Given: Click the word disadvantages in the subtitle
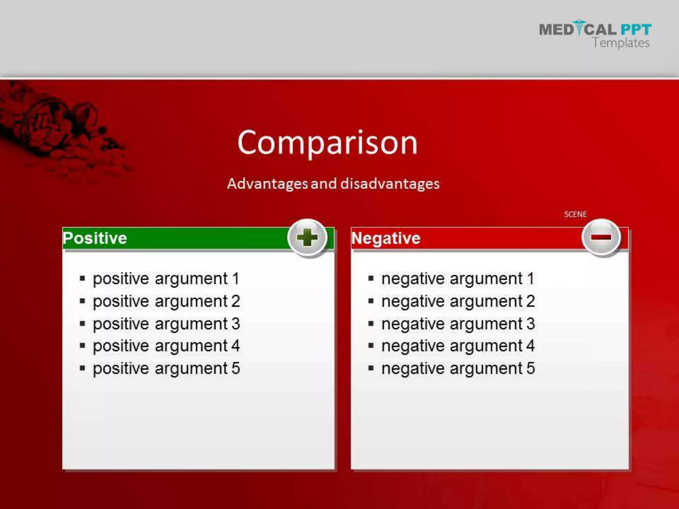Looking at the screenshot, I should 390,184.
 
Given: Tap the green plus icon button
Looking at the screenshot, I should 307,238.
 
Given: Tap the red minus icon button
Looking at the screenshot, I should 601,237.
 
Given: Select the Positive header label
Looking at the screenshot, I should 95,238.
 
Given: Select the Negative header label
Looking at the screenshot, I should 386,238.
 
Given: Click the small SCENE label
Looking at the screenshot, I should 575,214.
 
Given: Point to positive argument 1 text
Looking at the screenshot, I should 166,279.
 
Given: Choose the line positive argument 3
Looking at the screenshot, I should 166,324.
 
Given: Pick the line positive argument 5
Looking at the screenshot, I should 166,368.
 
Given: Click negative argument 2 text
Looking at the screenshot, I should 458,301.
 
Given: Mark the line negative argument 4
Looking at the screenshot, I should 458,346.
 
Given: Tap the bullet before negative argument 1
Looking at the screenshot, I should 371,279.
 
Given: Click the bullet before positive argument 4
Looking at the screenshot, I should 83,346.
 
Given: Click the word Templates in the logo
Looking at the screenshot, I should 621,43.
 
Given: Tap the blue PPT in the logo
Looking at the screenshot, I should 636,30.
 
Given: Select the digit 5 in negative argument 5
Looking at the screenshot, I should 530,368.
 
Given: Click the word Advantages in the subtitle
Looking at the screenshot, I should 267,184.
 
